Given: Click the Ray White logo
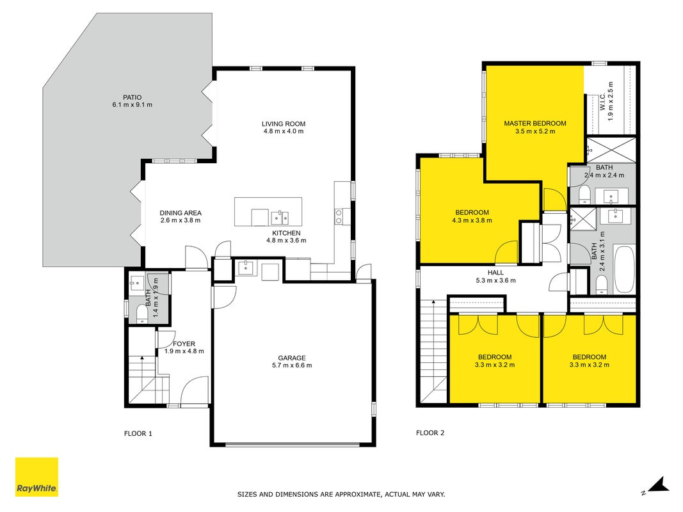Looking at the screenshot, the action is pos(36,477).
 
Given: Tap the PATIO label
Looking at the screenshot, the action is pos(132,97).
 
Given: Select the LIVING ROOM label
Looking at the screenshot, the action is pos(284,124).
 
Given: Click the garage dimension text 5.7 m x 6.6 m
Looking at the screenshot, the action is pos(292,365).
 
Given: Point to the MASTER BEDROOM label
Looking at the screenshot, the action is pos(535,124).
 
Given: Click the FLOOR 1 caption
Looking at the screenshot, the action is pos(138,433).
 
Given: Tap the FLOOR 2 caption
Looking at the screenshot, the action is pos(430,433).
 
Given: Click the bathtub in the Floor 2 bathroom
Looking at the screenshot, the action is pos(623,269).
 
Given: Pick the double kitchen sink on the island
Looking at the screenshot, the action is pos(280,217).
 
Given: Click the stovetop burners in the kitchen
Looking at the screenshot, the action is pos(339,216).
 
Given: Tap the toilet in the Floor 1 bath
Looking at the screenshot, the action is pos(142,313).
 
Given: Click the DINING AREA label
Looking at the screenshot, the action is pos(181,213).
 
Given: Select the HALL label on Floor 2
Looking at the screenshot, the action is pos(495,273).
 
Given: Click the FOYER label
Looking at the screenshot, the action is pos(184,344).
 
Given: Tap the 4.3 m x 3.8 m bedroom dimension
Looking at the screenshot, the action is pos(472,220).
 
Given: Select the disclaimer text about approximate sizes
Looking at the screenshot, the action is pos(341,494).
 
